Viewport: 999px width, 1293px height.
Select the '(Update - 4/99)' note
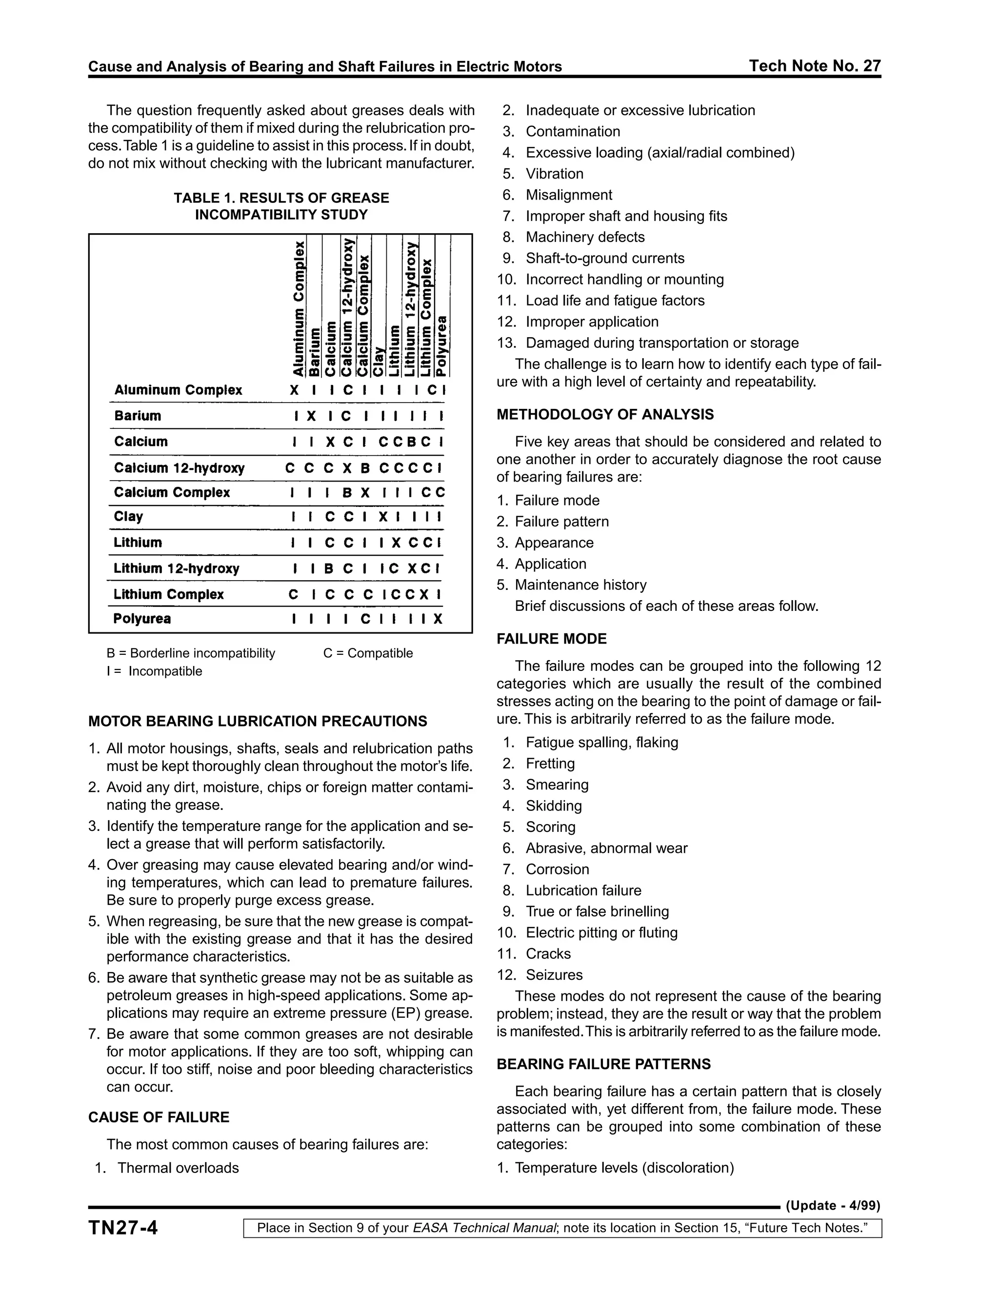(833, 1206)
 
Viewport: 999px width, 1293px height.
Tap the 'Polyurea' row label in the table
(142, 619)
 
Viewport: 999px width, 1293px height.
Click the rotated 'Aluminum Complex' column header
(300, 308)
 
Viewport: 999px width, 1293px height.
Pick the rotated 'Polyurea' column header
(441, 346)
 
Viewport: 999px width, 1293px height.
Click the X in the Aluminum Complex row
(294, 390)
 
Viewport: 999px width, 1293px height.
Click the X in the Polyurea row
(438, 619)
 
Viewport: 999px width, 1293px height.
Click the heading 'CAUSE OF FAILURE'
(159, 1117)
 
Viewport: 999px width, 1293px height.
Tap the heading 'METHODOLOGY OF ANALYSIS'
(605, 414)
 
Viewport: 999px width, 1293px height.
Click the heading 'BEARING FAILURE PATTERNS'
(603, 1064)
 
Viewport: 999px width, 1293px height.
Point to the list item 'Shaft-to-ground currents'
(604, 258)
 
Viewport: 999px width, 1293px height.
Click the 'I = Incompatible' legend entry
(155, 671)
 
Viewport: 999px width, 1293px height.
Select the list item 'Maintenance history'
(580, 585)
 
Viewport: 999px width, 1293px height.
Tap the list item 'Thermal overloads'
(178, 1168)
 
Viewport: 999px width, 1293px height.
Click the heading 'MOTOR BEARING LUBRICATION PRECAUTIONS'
(258, 721)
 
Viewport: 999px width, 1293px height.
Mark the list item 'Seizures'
(554, 974)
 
